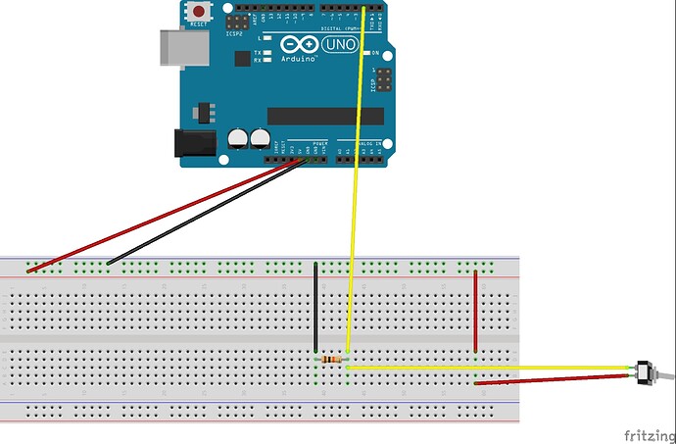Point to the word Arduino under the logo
click(x=300, y=60)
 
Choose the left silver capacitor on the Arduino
click(x=238, y=140)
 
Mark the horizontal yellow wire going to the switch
click(x=490, y=367)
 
